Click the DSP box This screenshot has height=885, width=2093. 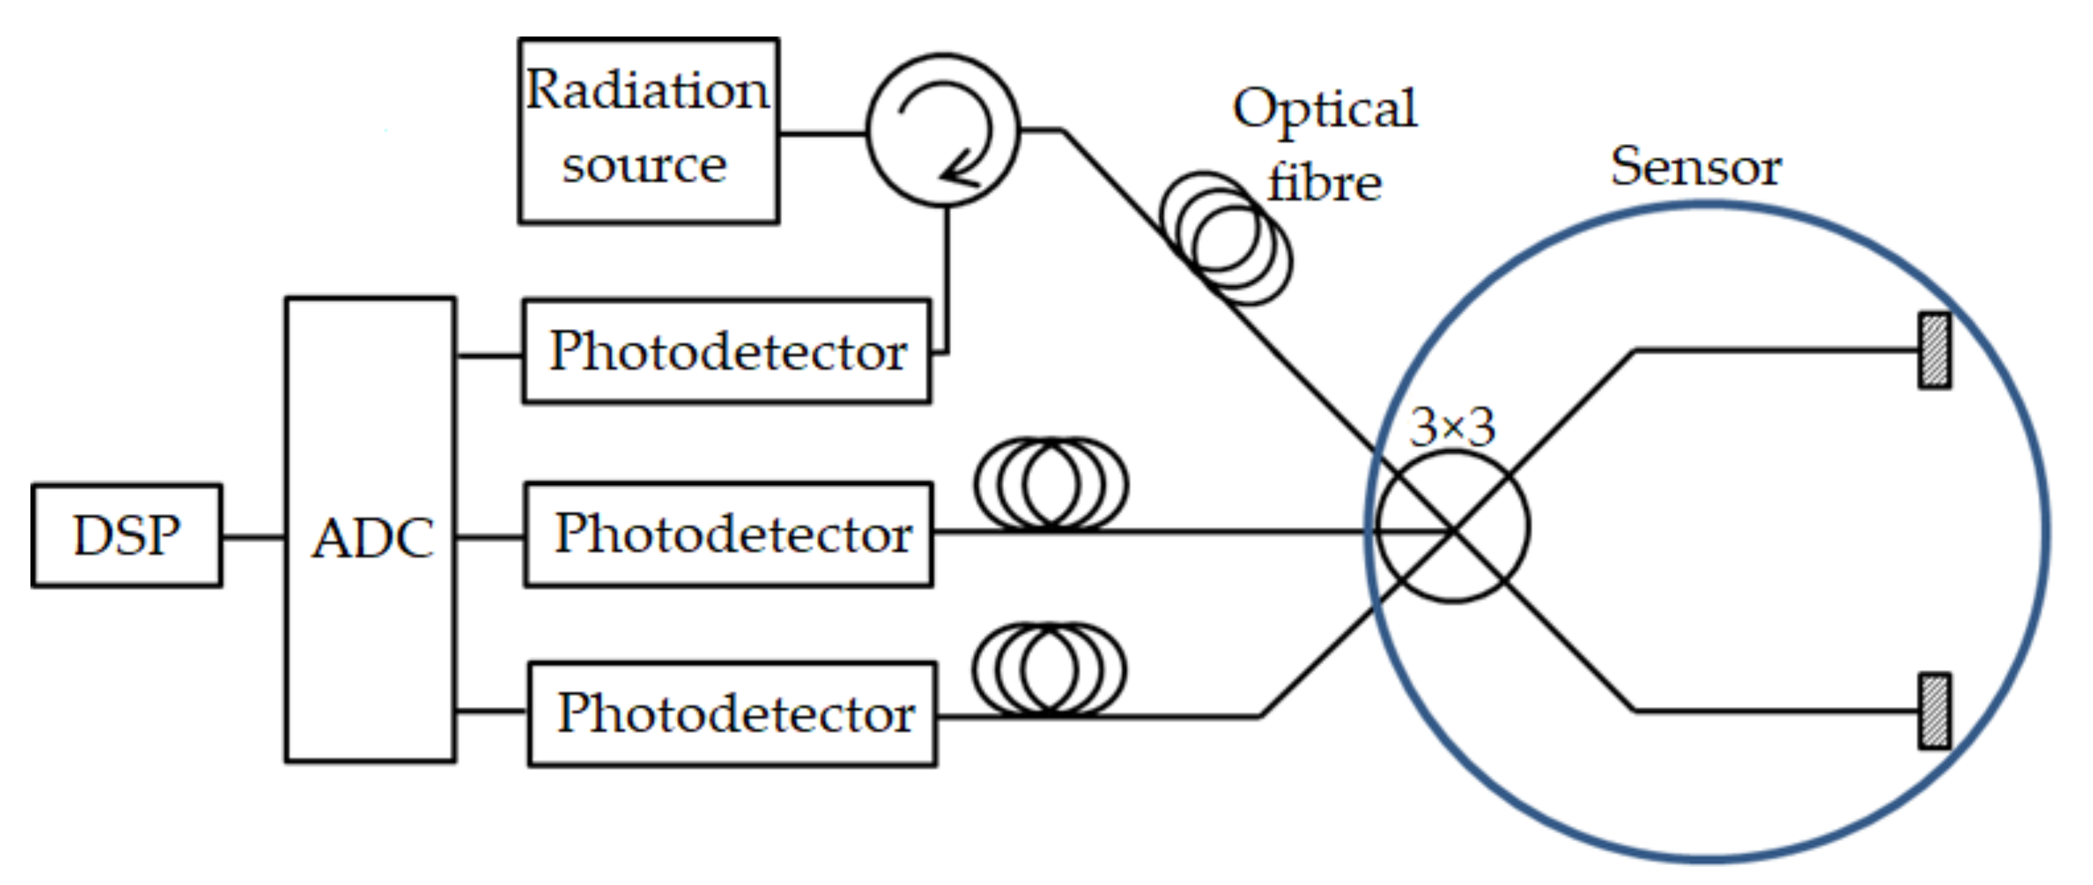[x=127, y=535]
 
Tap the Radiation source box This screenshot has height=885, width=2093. [x=649, y=131]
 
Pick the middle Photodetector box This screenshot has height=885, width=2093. [x=729, y=534]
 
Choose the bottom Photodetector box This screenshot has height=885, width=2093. [x=732, y=715]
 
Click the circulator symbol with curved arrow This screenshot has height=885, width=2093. [x=942, y=130]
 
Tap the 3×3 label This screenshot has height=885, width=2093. [x=1451, y=427]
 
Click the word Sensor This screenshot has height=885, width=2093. [x=1696, y=167]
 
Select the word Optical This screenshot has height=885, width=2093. [x=1324, y=109]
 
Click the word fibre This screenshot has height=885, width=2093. [x=1324, y=183]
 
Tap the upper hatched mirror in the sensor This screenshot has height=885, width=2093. [x=1934, y=351]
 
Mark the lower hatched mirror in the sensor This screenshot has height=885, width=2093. [x=1934, y=711]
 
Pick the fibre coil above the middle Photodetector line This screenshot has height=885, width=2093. [x=1050, y=484]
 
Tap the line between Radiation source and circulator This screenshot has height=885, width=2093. [x=822, y=133]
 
